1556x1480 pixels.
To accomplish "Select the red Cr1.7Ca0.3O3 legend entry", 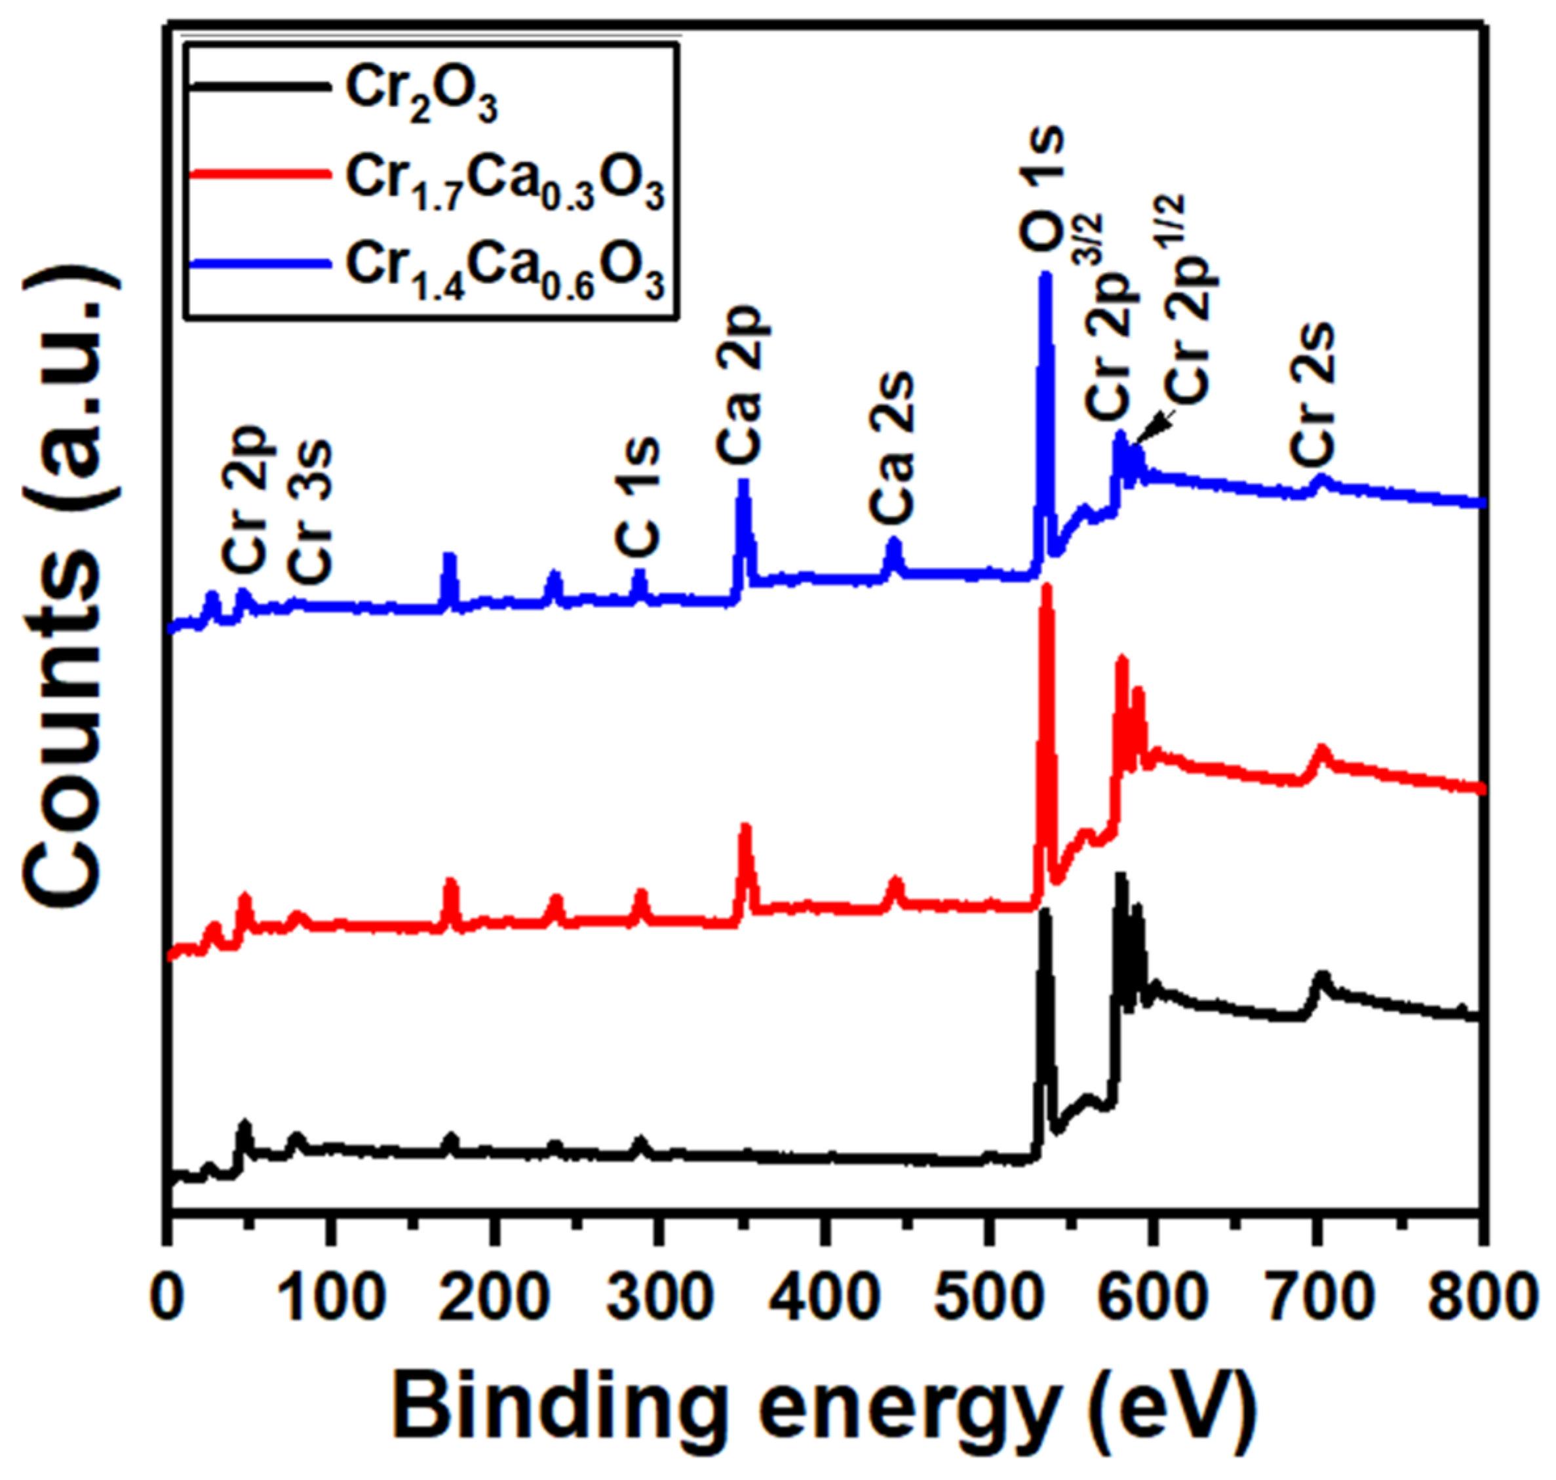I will coord(505,183).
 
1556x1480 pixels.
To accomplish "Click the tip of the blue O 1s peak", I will coord(1046,276).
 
